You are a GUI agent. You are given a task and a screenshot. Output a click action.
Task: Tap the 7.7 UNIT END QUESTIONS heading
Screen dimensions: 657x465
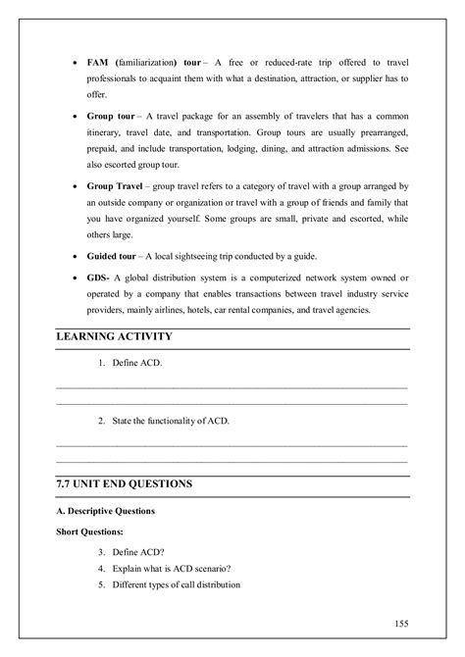point(124,484)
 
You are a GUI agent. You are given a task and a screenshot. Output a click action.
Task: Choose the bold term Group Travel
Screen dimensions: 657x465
point(119,185)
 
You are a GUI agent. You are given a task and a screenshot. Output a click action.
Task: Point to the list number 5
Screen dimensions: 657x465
point(101,585)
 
